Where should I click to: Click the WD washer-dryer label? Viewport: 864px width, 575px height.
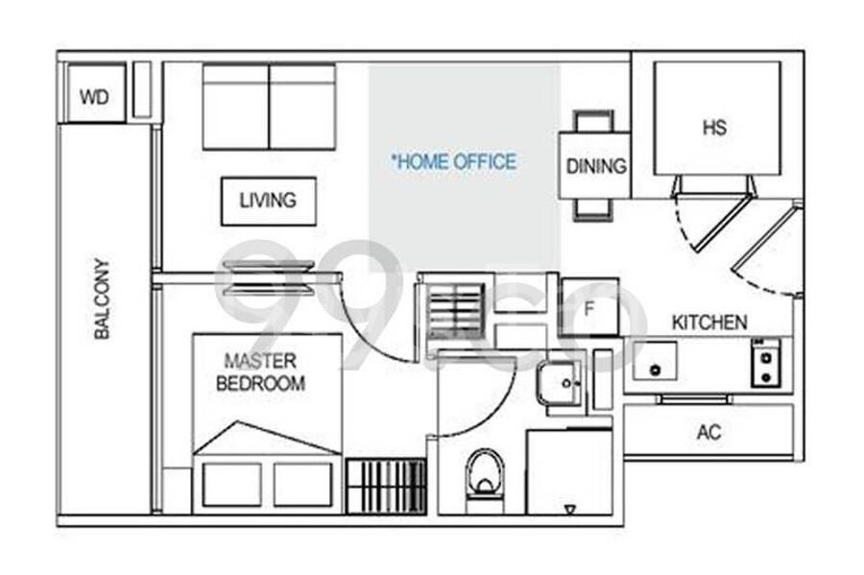coord(94,97)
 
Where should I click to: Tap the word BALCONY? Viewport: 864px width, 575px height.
coord(102,298)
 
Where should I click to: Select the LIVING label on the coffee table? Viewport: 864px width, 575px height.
coord(268,200)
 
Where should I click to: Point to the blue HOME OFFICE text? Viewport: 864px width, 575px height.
coord(453,161)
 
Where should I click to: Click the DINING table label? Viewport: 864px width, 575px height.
coord(596,166)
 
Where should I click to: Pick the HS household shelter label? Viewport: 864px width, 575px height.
coord(714,128)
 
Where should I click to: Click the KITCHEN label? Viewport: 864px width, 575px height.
coord(709,323)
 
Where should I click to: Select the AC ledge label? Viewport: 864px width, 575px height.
coord(709,432)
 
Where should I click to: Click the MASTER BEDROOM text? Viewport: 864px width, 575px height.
coord(260,371)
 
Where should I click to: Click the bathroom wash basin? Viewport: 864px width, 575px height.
coord(560,382)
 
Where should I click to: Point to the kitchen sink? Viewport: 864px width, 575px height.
coord(655,361)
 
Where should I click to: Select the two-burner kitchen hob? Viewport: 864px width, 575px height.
coord(766,363)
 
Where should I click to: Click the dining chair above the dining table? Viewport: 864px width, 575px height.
coord(593,121)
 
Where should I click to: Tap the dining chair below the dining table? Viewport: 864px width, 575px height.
coord(593,209)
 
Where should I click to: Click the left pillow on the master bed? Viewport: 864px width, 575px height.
coord(231,484)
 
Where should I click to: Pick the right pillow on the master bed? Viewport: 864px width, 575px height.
coord(303,484)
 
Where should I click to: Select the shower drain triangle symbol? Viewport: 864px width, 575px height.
coord(570,510)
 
